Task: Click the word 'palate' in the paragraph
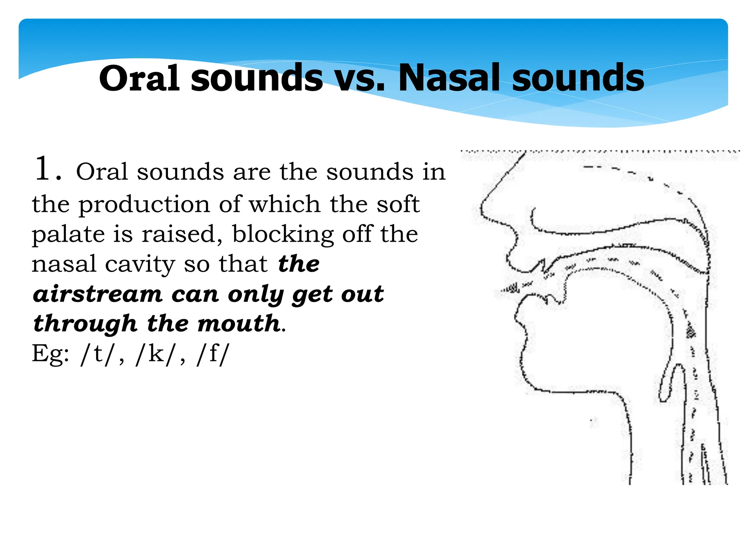tap(68, 235)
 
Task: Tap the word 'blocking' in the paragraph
tap(283, 234)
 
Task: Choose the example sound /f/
tap(213, 354)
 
